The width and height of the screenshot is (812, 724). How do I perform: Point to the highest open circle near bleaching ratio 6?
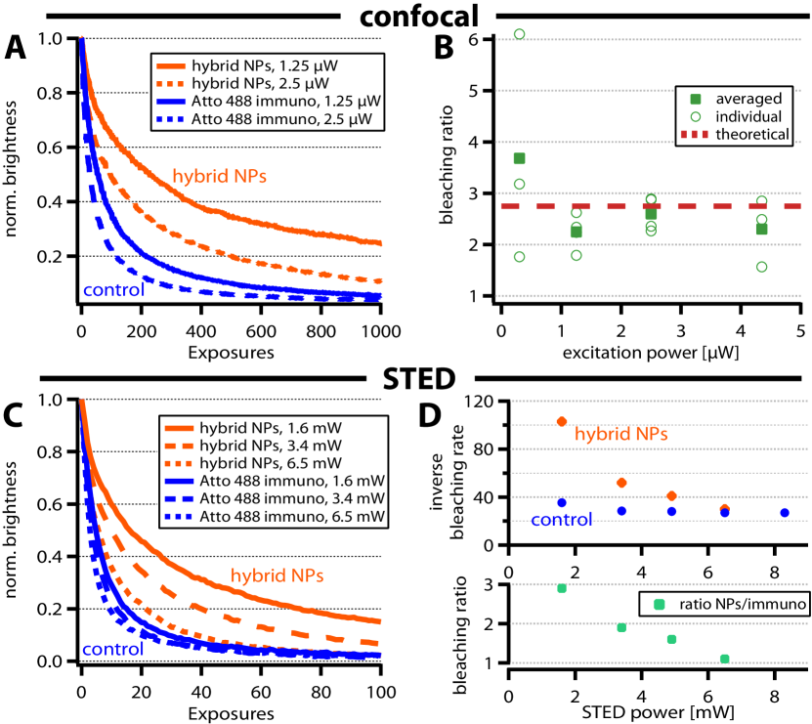coord(520,34)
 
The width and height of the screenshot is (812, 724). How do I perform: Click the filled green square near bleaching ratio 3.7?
coord(520,158)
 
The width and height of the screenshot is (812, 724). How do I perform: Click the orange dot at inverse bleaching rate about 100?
coord(562,421)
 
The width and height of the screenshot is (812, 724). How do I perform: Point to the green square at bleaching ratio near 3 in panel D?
coord(562,588)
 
